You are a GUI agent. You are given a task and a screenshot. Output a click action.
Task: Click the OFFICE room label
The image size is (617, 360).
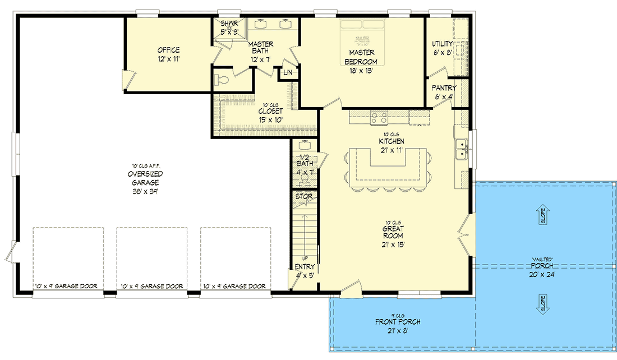tap(168, 50)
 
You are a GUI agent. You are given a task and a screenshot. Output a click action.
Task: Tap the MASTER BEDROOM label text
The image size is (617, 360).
tap(361, 57)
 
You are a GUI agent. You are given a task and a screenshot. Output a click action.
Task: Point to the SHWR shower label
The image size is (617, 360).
tap(229, 24)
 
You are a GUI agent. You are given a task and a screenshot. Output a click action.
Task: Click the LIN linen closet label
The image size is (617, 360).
tap(288, 73)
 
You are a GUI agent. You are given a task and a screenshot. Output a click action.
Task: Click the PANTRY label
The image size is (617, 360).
tap(444, 88)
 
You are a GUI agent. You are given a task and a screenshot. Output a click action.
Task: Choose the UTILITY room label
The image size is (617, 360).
tap(443, 44)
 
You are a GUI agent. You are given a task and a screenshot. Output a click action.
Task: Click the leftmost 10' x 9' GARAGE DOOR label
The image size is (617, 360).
tap(66, 287)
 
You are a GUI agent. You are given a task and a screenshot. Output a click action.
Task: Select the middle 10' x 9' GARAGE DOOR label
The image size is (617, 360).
tap(151, 287)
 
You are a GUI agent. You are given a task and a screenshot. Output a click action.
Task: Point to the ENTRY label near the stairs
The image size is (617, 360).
tap(305, 267)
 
